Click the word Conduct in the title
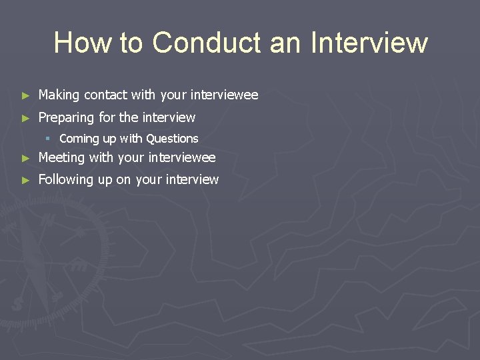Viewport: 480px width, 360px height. tap(207, 42)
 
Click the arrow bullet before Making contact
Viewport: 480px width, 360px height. tap(25, 96)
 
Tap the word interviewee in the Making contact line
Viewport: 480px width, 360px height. tap(224, 95)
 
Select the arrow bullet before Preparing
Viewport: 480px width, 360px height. tap(25, 118)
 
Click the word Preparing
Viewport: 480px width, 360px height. tap(66, 118)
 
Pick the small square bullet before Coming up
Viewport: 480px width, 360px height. tap(48, 139)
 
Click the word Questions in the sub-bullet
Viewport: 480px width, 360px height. tap(172, 139)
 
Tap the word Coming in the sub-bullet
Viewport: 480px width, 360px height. tap(79, 139)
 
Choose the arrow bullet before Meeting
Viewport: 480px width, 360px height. tap(25, 159)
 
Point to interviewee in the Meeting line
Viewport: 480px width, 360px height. tap(181, 158)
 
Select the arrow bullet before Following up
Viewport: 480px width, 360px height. tap(25, 180)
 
